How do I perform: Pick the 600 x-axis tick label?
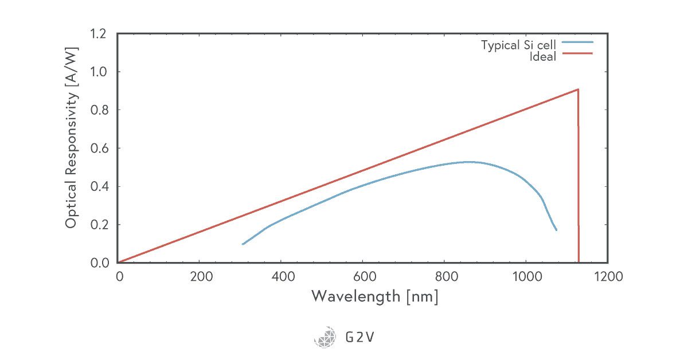pyautogui.click(x=362, y=277)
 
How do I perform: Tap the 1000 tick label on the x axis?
pyautogui.click(x=526, y=277)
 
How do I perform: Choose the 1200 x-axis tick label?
pyautogui.click(x=607, y=277)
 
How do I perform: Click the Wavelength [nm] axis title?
pyautogui.click(x=374, y=296)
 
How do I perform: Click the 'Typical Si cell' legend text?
pyautogui.click(x=518, y=45)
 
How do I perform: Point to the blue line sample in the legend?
pyautogui.click(x=577, y=42)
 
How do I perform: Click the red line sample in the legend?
pyautogui.click(x=577, y=53)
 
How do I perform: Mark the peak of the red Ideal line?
pyautogui.click(x=578, y=89)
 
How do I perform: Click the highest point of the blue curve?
pyautogui.click(x=470, y=162)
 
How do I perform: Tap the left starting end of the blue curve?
pyautogui.click(x=243, y=244)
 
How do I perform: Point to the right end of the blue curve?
pyautogui.click(x=556, y=230)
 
